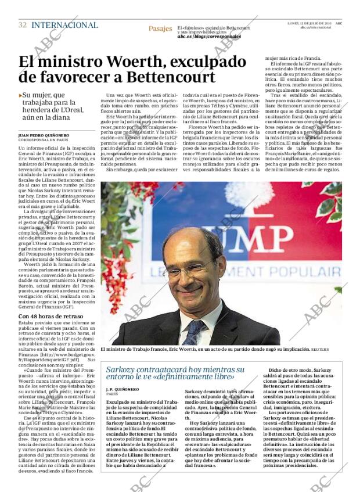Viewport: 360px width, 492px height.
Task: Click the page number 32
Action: [x=23, y=25]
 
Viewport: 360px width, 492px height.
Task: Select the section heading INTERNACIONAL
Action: [x=64, y=25]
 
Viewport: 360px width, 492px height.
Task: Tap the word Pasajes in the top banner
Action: [x=160, y=28]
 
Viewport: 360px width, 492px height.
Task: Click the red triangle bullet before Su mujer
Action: [x=20, y=95]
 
